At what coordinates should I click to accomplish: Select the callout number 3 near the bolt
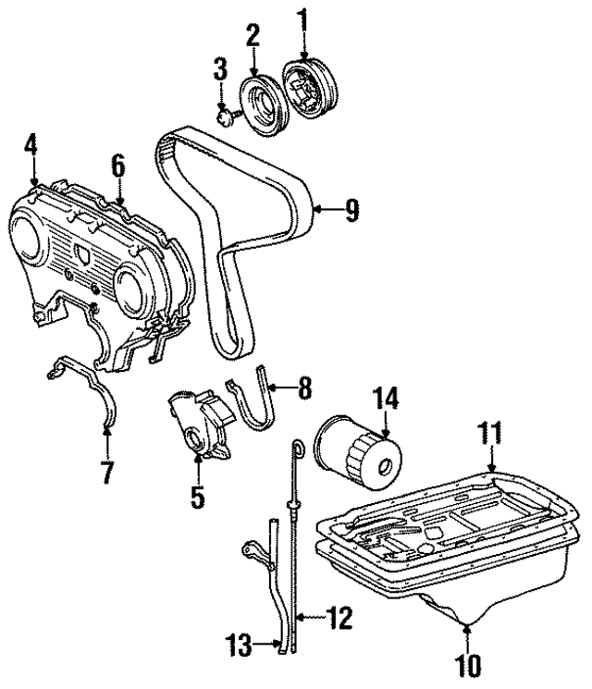point(221,69)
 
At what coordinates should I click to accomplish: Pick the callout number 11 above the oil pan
point(491,433)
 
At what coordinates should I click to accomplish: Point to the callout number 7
point(107,472)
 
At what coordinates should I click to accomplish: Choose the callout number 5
point(196,497)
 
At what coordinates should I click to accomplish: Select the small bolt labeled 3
point(224,117)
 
